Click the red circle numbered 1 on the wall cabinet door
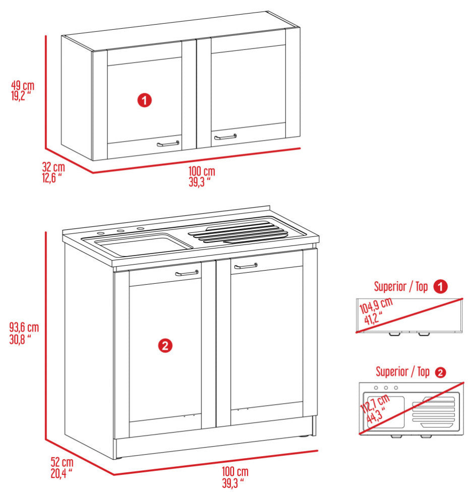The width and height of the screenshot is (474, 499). (145, 100)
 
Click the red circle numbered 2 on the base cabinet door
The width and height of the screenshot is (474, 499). (165, 345)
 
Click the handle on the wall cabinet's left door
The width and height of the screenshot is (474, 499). (168, 144)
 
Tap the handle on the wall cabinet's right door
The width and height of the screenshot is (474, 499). (225, 137)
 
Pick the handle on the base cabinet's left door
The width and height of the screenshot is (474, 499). (187, 273)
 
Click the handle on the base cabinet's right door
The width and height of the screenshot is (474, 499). (246, 266)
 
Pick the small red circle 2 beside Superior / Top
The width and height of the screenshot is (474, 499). (440, 372)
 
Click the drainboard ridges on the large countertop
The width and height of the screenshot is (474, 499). (240, 233)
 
